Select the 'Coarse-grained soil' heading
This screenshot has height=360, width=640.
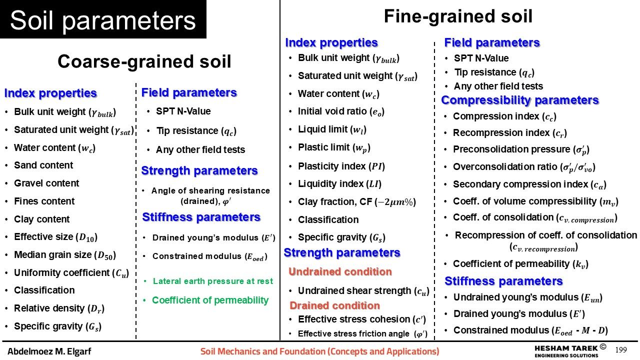(144, 61)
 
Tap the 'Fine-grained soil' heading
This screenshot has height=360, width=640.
(458, 16)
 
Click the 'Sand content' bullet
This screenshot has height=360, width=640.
(43, 165)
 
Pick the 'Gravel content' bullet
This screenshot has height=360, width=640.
(46, 183)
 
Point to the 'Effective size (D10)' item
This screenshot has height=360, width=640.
(55, 237)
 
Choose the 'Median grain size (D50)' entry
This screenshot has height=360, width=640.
(65, 255)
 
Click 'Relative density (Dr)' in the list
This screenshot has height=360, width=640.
(59, 308)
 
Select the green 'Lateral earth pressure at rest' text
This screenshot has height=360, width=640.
(213, 281)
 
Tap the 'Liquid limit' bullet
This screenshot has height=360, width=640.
(332, 129)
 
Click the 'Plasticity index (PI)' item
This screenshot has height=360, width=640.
(341, 166)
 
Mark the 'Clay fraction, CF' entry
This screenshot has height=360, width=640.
(357, 202)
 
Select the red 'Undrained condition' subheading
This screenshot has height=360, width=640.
(340, 271)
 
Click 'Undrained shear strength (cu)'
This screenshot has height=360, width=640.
(363, 291)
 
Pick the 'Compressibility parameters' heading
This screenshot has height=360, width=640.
(520, 100)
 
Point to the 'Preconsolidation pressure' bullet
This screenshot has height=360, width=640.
(521, 149)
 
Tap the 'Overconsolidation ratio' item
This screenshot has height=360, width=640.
(524, 167)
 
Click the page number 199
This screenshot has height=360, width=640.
(621, 350)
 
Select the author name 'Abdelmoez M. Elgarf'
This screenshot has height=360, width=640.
(49, 351)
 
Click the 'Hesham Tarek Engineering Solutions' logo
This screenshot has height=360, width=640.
(570, 351)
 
